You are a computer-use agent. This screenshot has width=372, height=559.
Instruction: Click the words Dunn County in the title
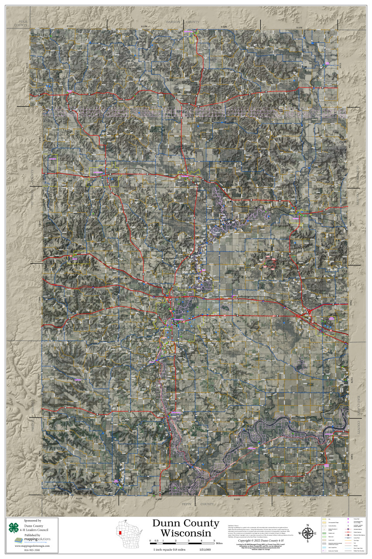pyautogui.click(x=185, y=524)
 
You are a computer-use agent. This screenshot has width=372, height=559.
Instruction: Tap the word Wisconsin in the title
pyautogui.click(x=185, y=533)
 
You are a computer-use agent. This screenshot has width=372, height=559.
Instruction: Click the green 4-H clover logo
pyautogui.click(x=14, y=527)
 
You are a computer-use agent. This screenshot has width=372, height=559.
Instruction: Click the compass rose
pyautogui.click(x=307, y=533)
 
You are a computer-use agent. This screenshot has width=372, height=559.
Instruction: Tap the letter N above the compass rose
pyautogui.click(x=307, y=525)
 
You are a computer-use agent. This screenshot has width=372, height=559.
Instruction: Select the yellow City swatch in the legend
pyautogui.click(x=324, y=520)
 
